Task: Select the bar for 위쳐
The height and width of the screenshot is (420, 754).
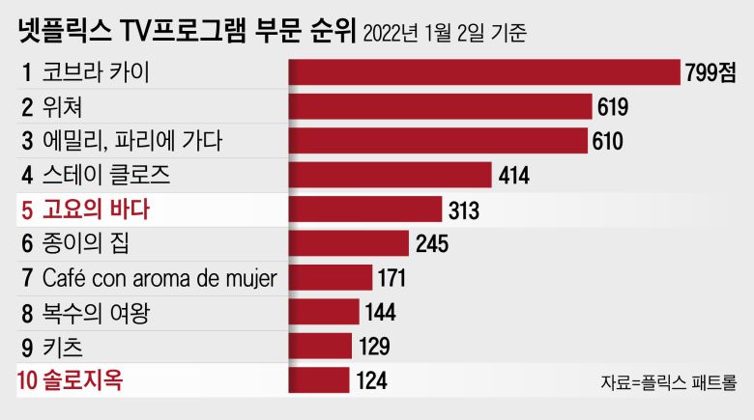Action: (x=441, y=107)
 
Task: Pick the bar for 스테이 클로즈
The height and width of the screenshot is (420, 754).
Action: (x=391, y=175)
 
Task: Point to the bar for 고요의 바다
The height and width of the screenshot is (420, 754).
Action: (x=365, y=210)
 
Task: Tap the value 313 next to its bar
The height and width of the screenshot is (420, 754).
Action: (x=464, y=210)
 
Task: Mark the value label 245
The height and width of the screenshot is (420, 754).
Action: (x=431, y=244)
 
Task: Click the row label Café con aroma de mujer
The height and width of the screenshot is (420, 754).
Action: (x=159, y=278)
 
